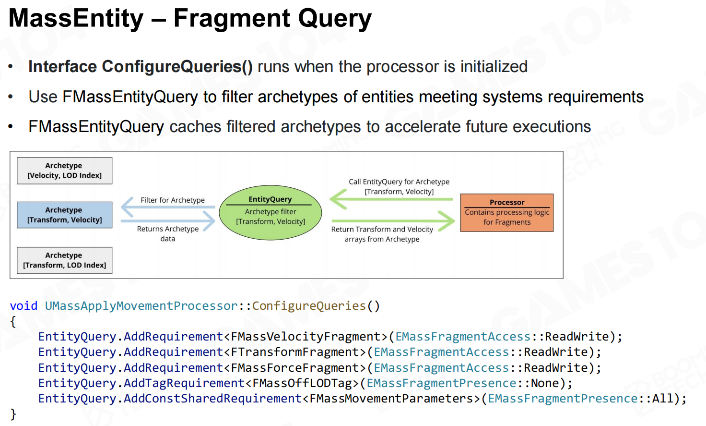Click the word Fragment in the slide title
(x=231, y=19)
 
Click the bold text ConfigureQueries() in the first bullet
(x=177, y=67)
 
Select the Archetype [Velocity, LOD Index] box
(x=65, y=170)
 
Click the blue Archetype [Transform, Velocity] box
(x=65, y=215)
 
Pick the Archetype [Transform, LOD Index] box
(x=65, y=260)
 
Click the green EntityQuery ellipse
(x=271, y=213)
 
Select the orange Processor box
(x=507, y=213)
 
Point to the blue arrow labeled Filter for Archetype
(x=168, y=207)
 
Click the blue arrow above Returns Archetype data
(x=168, y=221)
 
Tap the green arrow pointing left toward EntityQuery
(x=391, y=199)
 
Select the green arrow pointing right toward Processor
(x=393, y=221)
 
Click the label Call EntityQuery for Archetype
(x=399, y=182)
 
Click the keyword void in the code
(x=24, y=306)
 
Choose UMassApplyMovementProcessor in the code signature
(x=141, y=306)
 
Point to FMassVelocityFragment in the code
(x=306, y=337)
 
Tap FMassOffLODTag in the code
(x=302, y=383)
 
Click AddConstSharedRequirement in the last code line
(x=213, y=399)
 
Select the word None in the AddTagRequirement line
(x=545, y=383)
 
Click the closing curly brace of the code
(x=13, y=414)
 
